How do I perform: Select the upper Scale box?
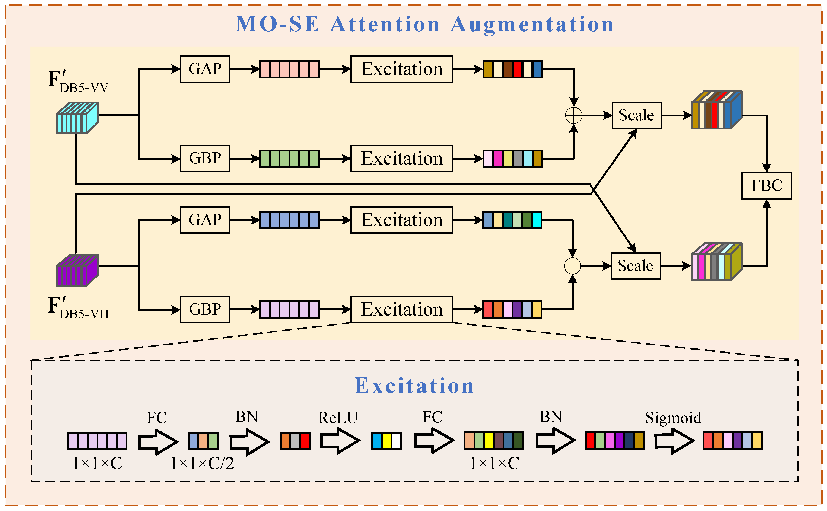point(636,115)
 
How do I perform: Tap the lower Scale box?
point(636,266)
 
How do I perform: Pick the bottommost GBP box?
point(205,309)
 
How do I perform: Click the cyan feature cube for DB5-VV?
point(77,118)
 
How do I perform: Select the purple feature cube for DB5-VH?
point(77,270)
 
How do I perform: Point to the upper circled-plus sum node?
point(573,116)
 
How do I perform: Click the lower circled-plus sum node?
point(572,266)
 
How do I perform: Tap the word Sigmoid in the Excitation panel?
point(673,418)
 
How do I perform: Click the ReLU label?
point(338,418)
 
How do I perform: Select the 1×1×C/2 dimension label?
point(202,463)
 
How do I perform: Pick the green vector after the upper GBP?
point(289,159)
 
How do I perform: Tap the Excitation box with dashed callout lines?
point(401,309)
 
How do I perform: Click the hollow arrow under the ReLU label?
point(340,441)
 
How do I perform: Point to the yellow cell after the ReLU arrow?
point(386,441)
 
